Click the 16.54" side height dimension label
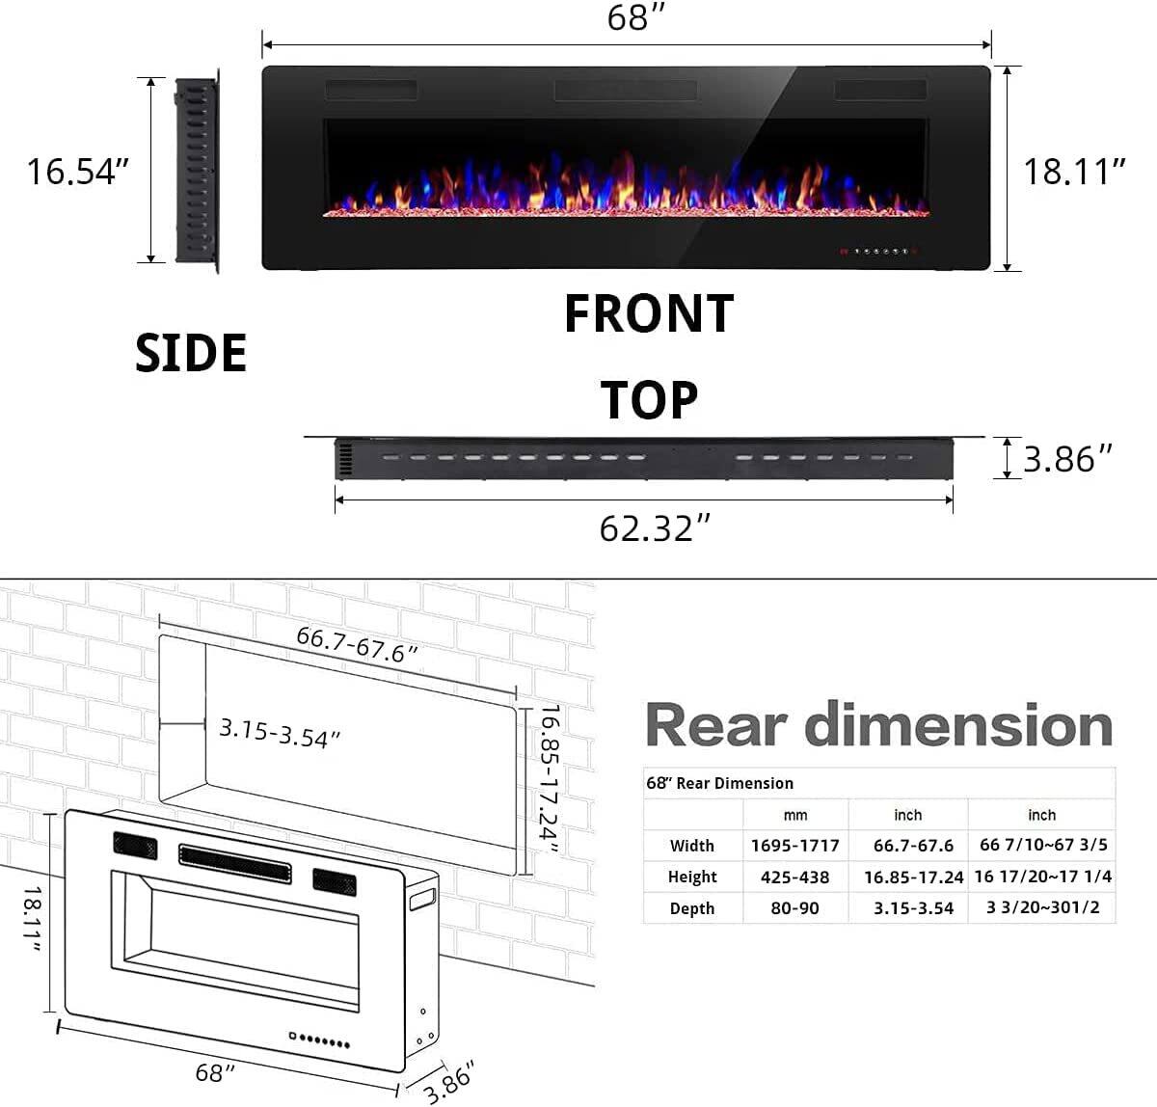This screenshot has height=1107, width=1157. pyautogui.click(x=77, y=172)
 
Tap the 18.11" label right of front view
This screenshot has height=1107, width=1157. pyautogui.click(x=1074, y=172)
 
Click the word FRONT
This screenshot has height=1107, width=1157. pyautogui.click(x=648, y=314)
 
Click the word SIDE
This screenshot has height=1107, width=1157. pyautogui.click(x=191, y=353)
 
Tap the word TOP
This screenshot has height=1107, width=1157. pyautogui.click(x=649, y=400)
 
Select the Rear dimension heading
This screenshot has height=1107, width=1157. pyautogui.click(x=878, y=725)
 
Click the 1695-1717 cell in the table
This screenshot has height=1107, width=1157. pyautogui.click(x=794, y=846)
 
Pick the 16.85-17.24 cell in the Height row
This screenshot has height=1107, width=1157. pyautogui.click(x=912, y=877)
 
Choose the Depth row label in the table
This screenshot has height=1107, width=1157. pyautogui.click(x=691, y=908)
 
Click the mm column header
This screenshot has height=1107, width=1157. pyautogui.click(x=794, y=815)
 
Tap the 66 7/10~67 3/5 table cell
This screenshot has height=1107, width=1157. pyautogui.click(x=1043, y=846)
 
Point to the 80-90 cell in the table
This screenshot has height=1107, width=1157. pyautogui.click(x=794, y=908)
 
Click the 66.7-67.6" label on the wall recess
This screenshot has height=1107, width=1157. pyautogui.click(x=357, y=643)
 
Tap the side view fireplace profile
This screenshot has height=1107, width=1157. pyautogui.click(x=197, y=172)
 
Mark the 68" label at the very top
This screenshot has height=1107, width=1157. pyautogui.click(x=630, y=18)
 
